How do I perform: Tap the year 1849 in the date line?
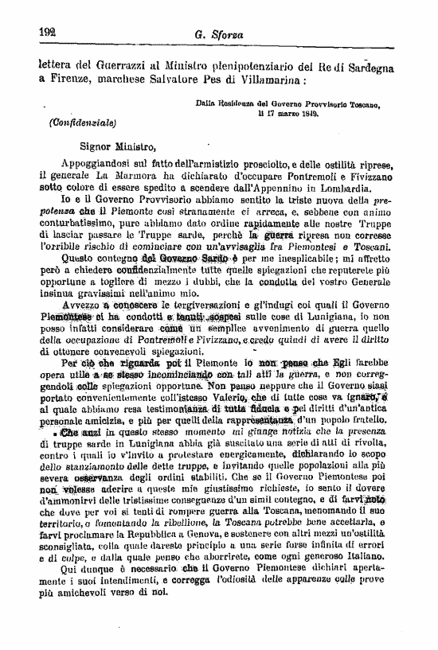click(x=307, y=114)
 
